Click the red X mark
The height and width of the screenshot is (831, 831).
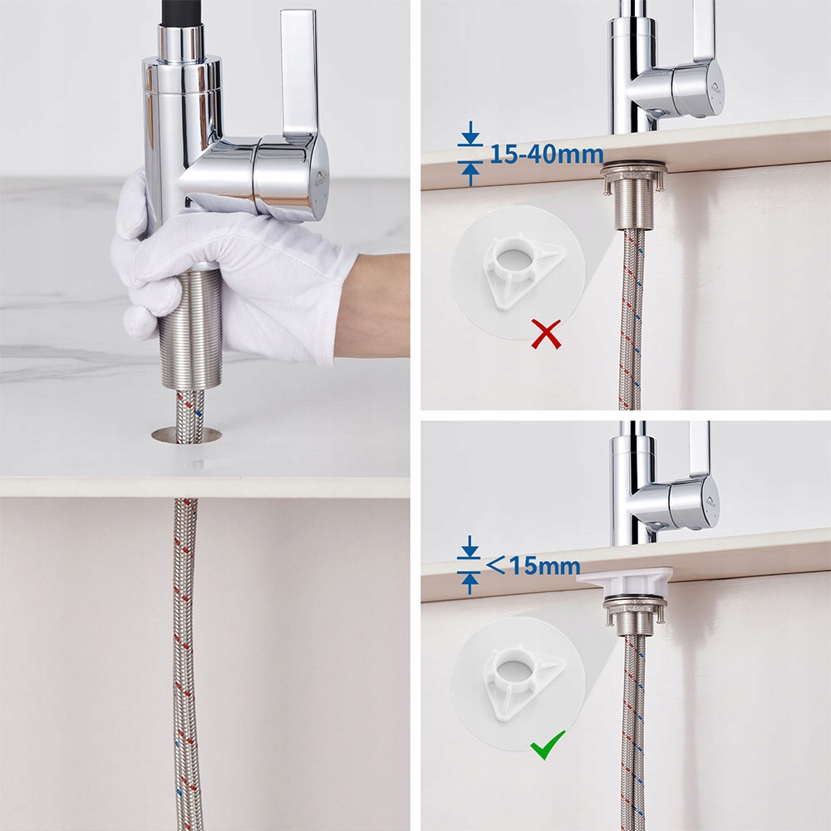coord(547,334)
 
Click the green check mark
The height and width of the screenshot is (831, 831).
coord(547,744)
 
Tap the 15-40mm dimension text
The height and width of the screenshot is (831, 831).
coord(547,155)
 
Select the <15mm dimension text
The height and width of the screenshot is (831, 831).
coord(534,566)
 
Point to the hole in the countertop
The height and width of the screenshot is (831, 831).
coord(186,435)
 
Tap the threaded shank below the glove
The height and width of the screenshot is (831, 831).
coord(190,328)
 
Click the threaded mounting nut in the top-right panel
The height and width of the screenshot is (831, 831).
coord(632,196)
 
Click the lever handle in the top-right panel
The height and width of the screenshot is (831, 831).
coord(704,32)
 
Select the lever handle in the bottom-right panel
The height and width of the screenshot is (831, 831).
coord(700,450)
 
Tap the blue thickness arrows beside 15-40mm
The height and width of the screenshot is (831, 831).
coord(470,154)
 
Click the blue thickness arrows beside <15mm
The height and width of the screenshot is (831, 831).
coord(470,565)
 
